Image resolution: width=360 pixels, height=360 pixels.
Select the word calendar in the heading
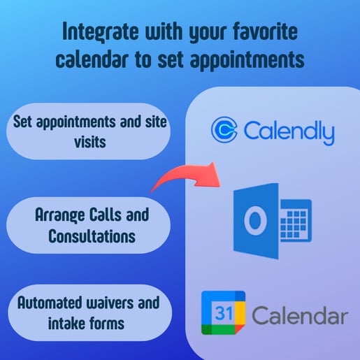101,59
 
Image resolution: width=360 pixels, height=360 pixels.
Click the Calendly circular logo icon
224,131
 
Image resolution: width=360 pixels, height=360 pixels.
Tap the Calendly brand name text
289,131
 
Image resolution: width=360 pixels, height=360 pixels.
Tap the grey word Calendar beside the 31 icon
299,316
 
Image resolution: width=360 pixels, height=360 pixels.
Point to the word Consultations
91,237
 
